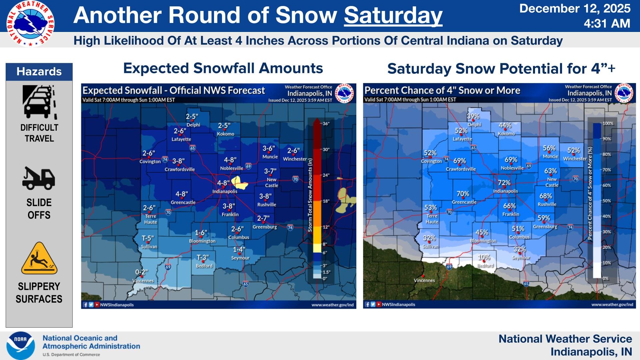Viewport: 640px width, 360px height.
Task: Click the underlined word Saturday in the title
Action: [393, 15]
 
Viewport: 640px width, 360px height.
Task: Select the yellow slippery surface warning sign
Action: [39, 258]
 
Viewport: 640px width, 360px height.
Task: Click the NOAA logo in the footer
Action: [21, 346]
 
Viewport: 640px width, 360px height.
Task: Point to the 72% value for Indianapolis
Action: [504, 183]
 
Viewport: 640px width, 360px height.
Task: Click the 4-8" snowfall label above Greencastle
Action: [182, 194]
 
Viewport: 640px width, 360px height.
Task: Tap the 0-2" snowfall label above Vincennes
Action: [141, 272]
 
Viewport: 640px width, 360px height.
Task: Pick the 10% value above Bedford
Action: [484, 257]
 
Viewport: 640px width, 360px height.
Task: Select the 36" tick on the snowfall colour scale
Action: [326, 124]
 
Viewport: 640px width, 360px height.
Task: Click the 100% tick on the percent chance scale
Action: [608, 123]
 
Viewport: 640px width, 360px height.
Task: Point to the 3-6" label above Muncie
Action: [269, 148]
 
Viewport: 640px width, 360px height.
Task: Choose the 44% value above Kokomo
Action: [505, 125]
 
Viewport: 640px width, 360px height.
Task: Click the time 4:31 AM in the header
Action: [607, 24]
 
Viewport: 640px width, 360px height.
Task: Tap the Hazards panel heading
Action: [39, 72]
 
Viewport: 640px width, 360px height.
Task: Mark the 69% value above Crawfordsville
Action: [459, 161]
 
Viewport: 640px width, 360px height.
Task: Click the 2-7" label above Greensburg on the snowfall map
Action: [263, 218]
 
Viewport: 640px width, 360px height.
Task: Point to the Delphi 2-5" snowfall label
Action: [192, 117]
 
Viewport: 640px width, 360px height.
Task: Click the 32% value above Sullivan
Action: [429, 238]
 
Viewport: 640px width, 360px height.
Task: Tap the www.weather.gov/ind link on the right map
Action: [612, 304]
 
